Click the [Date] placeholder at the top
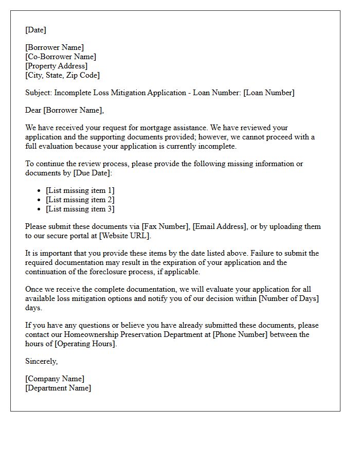click(35, 30)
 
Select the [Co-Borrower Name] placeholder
click(61, 57)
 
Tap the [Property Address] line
click(56, 66)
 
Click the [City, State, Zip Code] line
click(62, 75)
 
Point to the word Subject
click(38, 93)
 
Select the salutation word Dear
click(33, 110)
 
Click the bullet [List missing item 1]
click(80, 190)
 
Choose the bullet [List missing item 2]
click(80, 200)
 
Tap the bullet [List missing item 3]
click(80, 209)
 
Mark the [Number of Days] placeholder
click(288, 298)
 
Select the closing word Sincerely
click(41, 361)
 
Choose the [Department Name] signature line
click(58, 388)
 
